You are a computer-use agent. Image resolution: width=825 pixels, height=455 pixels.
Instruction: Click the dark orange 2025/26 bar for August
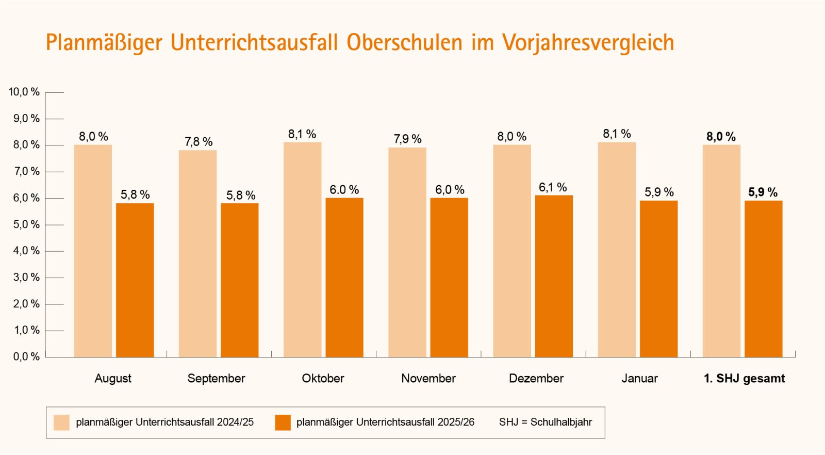135,280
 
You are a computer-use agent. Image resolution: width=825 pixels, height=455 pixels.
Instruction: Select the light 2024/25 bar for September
197,253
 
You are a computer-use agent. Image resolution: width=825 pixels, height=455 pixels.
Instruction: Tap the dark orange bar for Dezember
554,276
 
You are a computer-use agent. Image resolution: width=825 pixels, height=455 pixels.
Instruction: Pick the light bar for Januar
617,249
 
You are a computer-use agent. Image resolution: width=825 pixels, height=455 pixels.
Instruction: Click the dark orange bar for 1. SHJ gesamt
763,279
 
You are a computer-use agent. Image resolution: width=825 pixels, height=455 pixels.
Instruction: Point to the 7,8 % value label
199,142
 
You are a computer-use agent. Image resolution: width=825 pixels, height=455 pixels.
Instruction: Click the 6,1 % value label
553,187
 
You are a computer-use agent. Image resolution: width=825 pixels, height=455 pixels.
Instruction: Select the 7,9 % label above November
407,139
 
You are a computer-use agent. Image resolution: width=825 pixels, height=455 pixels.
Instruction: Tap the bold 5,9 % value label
763,192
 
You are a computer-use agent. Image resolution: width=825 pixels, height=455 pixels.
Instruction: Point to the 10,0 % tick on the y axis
24,92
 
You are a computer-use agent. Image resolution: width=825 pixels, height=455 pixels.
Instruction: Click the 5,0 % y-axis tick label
26,224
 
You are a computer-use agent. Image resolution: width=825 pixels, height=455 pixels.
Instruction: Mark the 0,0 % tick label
26,356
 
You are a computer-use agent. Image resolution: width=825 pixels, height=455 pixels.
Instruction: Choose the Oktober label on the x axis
323,378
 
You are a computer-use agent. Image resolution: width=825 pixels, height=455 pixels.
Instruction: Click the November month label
428,378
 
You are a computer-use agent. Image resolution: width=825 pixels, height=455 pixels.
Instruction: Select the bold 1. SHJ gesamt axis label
744,378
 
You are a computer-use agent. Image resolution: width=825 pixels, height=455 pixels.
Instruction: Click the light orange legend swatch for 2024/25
61,423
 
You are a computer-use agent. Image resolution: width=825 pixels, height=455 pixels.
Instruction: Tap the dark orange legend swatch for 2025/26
283,423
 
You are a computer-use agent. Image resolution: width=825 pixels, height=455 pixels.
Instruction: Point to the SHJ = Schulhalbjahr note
545,422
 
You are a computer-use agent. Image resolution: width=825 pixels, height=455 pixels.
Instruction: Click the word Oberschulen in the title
404,42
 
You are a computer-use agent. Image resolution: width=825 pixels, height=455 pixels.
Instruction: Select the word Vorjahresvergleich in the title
588,42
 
